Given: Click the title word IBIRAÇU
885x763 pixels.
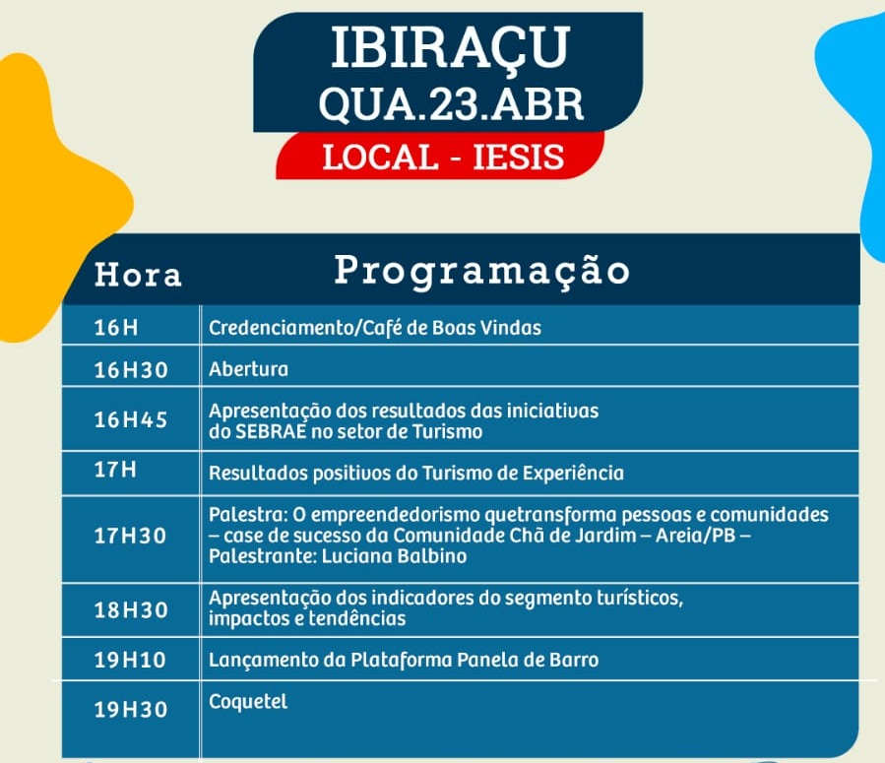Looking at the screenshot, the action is click(x=450, y=49).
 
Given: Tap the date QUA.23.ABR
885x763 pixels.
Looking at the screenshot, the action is click(x=451, y=104).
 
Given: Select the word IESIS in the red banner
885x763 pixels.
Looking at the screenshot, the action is click(x=518, y=157).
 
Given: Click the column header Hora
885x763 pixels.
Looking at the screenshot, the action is click(x=138, y=275).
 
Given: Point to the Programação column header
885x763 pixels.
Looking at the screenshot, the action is click(x=482, y=272).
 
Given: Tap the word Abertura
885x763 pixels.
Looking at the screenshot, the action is click(x=248, y=369).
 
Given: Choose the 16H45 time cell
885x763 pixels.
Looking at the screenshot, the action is click(x=131, y=419).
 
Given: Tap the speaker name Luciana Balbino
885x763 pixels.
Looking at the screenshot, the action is click(x=394, y=556).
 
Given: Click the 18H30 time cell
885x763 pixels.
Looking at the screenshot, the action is click(x=131, y=610).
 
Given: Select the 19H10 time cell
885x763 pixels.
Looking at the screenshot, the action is click(x=130, y=660).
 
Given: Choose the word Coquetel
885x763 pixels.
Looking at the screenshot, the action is click(x=248, y=702).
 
